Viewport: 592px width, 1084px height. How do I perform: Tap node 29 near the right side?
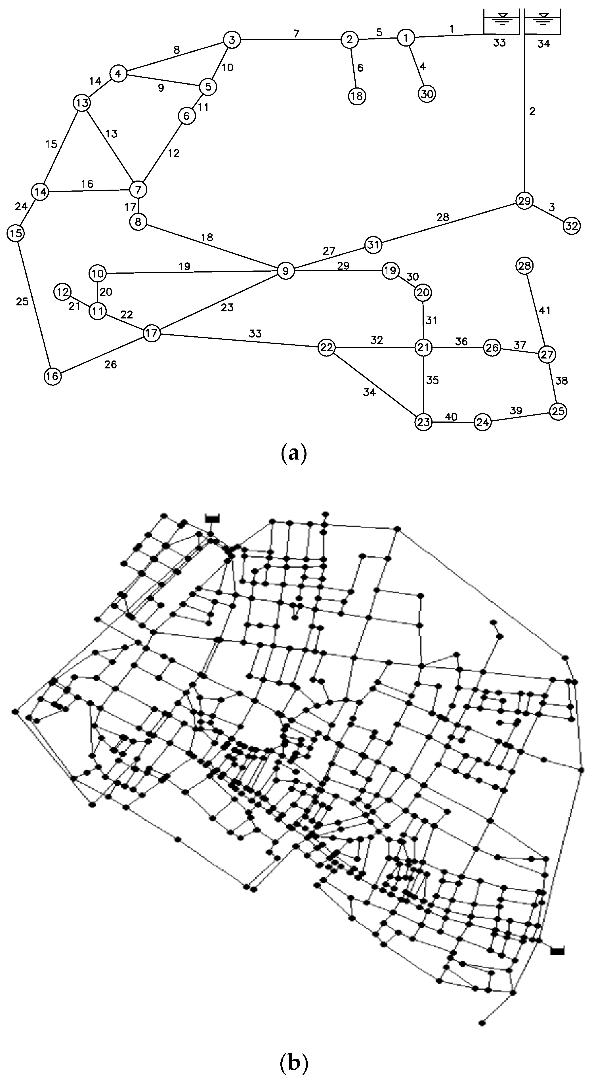[524, 201]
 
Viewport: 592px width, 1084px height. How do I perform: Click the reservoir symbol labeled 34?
[544, 21]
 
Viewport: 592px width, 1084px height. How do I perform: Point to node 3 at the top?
[231, 40]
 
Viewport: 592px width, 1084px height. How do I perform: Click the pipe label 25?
[22, 301]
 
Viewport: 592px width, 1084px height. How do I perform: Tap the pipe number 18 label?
[207, 237]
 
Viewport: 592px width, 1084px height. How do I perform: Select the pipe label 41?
[545, 311]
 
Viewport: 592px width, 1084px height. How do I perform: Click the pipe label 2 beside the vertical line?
[533, 112]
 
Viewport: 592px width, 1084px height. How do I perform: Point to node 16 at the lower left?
[52, 376]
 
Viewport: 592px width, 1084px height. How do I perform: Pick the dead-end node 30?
[427, 94]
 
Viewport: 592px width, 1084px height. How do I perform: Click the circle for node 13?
[83, 103]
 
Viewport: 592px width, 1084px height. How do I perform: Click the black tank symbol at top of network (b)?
[213, 518]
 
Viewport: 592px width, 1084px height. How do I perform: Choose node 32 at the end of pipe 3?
[571, 226]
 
